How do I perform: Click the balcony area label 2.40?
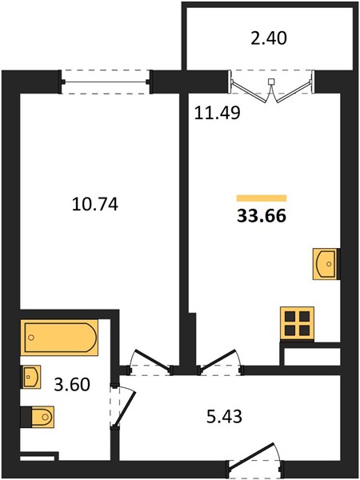(269, 39)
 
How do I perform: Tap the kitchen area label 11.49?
(217, 113)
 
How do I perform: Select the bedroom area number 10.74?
(95, 205)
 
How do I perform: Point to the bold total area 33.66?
(262, 216)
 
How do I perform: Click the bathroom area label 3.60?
(72, 385)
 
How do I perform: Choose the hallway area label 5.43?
(224, 416)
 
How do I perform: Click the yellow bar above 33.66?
(262, 198)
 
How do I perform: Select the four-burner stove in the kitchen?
(298, 324)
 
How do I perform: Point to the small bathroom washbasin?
(30, 377)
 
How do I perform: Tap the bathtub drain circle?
(30, 338)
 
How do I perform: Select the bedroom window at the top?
(106, 82)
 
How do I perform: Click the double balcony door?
(271, 86)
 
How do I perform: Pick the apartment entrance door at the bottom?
(255, 459)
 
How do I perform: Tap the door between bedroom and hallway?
(150, 362)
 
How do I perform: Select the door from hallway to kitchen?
(220, 362)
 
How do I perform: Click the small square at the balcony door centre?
(271, 82)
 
